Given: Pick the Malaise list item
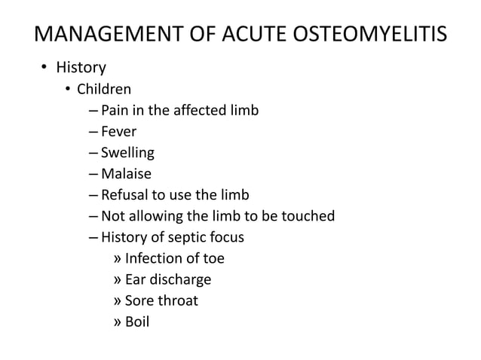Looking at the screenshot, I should point(126,175).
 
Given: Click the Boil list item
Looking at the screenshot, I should point(137,322).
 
